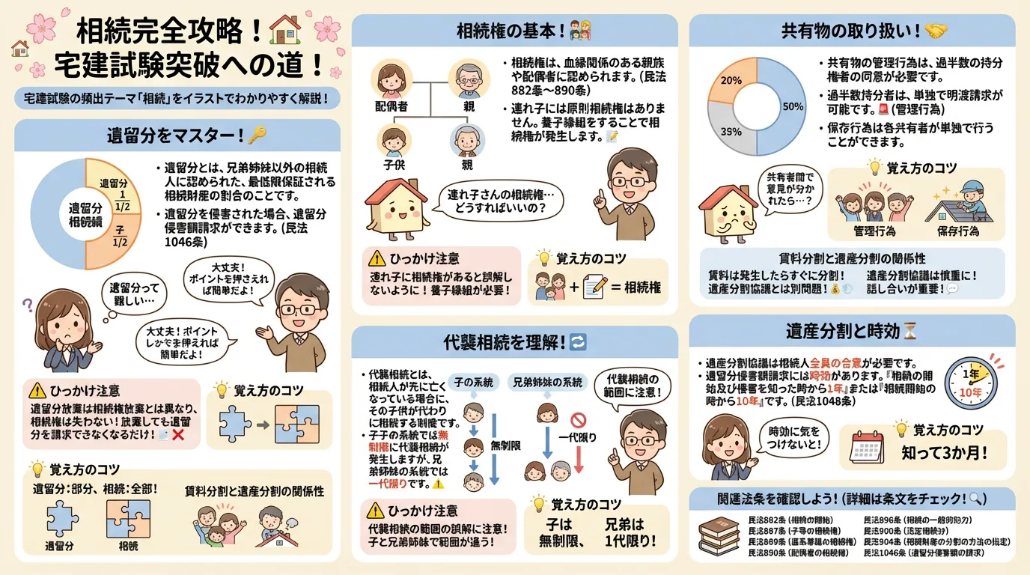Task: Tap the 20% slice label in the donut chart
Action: click(x=731, y=80)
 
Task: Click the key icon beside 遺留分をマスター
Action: click(x=257, y=136)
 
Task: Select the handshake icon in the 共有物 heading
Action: click(x=936, y=31)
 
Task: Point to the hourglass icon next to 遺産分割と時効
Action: click(x=909, y=330)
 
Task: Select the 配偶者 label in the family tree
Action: click(x=391, y=108)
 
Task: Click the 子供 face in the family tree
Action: click(x=391, y=140)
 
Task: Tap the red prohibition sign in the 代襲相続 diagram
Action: click(x=577, y=420)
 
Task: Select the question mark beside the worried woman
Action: click(x=28, y=305)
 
